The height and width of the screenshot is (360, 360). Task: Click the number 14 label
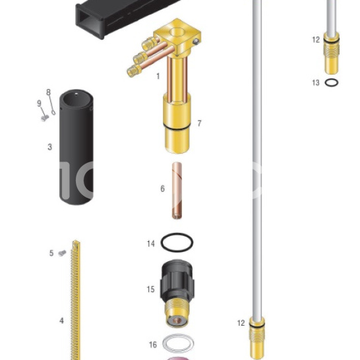pyautogui.click(x=151, y=243)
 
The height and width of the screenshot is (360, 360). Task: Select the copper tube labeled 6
pyautogui.click(x=177, y=191)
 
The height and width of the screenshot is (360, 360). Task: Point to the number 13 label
pyautogui.click(x=316, y=82)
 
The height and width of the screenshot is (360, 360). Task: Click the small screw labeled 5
pyautogui.click(x=62, y=253)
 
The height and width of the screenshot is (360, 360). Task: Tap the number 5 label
pyautogui.click(x=51, y=253)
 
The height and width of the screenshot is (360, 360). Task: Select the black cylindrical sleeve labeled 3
pyautogui.click(x=76, y=147)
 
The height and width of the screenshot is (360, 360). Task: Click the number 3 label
pyautogui.click(x=50, y=147)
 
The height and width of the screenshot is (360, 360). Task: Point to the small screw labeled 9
pyautogui.click(x=45, y=118)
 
